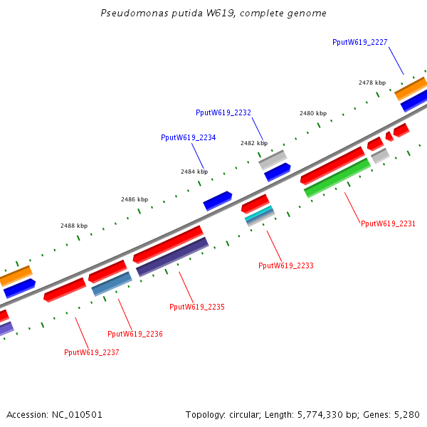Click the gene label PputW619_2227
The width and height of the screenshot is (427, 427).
tap(359, 42)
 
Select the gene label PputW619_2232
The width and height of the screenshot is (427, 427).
tap(223, 112)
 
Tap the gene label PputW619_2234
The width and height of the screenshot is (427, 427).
tap(188, 137)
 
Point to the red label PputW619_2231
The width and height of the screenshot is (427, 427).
tap(388, 223)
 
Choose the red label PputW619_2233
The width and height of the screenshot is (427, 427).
tap(285, 265)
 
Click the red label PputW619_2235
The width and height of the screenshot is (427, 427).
tap(196, 307)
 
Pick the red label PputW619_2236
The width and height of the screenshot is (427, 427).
tap(135, 334)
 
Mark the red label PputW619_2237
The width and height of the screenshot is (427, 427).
tap(91, 352)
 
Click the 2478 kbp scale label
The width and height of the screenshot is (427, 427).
tap(372, 83)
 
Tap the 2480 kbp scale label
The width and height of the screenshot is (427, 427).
tap(313, 113)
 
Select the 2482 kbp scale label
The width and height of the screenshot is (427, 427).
tap(253, 143)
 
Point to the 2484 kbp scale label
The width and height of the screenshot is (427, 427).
tap(194, 172)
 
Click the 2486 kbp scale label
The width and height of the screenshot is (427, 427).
tap(135, 199)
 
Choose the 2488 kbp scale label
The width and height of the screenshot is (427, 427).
tap(74, 226)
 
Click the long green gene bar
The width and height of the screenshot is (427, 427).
tap(337, 178)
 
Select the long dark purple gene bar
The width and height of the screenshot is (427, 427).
tap(172, 257)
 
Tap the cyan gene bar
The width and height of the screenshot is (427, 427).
tap(259, 213)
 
